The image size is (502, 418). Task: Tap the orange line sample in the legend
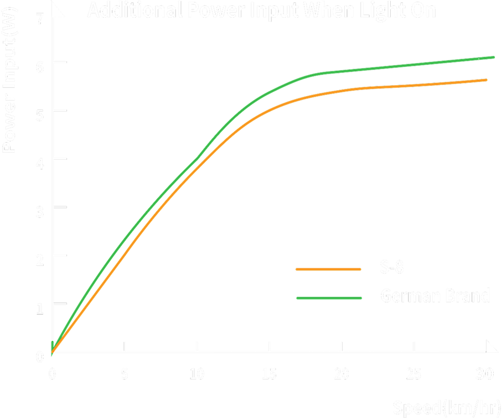[x=329, y=269]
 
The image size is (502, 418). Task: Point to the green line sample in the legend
[x=329, y=297]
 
